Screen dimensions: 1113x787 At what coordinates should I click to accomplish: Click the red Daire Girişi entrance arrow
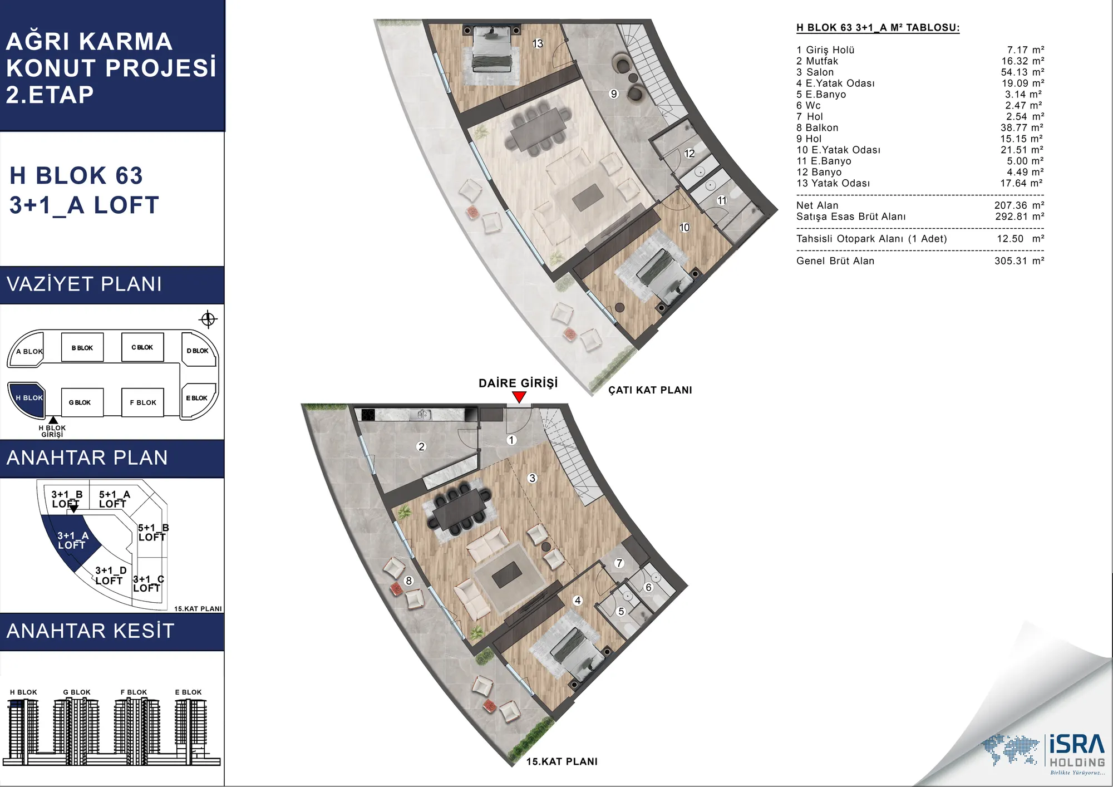[x=519, y=397]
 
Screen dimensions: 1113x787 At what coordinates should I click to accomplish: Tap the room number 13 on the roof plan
[x=538, y=43]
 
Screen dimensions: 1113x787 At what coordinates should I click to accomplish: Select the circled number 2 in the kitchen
[x=421, y=446]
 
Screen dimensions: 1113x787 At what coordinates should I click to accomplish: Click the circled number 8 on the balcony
[x=408, y=581]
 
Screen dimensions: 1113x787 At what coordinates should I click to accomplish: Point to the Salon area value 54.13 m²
[x=1022, y=72]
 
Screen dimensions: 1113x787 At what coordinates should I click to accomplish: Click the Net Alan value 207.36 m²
[x=1019, y=205]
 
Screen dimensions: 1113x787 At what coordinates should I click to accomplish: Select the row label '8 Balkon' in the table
[x=817, y=128]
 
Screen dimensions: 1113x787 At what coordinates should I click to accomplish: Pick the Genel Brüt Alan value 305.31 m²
[x=1019, y=261]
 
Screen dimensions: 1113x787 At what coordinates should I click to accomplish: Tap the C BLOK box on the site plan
[x=142, y=347]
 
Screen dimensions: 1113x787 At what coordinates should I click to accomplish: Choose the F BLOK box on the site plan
[x=142, y=402]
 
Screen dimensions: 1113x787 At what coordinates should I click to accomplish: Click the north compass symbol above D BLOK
[x=208, y=319]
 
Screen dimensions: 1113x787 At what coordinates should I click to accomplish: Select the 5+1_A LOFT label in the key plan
[x=114, y=499]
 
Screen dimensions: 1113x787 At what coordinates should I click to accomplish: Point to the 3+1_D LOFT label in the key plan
[x=110, y=576]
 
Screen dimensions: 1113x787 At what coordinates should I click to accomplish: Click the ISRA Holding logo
[x=1044, y=754]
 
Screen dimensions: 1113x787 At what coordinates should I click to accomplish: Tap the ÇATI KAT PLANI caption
[x=650, y=390]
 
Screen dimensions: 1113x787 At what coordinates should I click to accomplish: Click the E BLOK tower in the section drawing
[x=190, y=729]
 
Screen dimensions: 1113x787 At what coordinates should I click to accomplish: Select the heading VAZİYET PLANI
[x=84, y=284]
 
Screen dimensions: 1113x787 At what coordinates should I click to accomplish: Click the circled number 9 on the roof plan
[x=614, y=94]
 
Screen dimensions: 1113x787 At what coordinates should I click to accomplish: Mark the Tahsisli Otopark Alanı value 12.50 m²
[x=1020, y=239]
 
